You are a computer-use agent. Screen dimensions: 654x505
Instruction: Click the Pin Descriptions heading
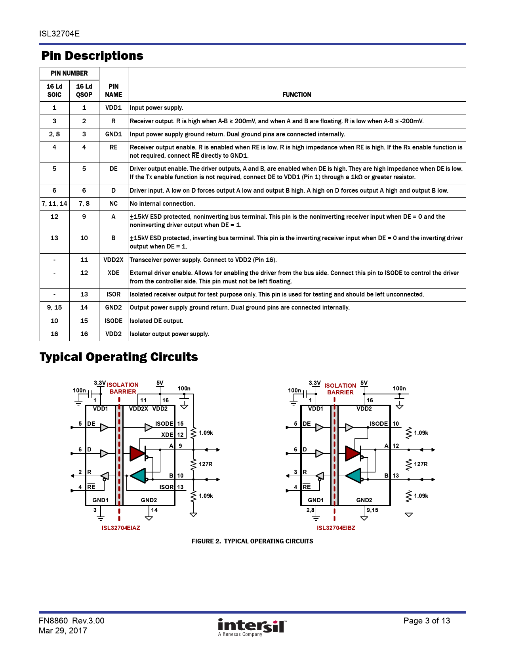click(92, 56)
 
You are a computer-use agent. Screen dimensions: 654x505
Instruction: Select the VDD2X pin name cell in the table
click(113, 260)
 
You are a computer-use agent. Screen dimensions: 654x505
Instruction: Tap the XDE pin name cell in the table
click(113, 273)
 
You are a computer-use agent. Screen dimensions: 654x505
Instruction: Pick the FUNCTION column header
click(297, 95)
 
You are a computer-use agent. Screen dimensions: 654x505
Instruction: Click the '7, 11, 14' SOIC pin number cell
click(54, 204)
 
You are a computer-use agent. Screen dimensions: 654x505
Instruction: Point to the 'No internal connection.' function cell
click(162, 204)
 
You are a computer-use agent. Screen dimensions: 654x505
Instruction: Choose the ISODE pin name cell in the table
click(113, 321)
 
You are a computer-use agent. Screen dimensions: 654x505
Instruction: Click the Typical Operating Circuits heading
click(118, 357)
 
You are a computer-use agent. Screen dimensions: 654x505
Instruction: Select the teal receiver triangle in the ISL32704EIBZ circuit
click(353, 475)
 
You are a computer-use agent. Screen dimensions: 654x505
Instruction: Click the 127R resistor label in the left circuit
click(206, 464)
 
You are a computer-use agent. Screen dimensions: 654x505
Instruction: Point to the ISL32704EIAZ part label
click(121, 528)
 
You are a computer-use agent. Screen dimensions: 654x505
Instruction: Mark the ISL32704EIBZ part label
click(336, 528)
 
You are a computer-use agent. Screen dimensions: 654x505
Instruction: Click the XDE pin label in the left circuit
click(167, 435)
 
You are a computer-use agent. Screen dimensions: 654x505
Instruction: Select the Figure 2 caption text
click(252, 541)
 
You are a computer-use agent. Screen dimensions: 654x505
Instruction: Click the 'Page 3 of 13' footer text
click(427, 621)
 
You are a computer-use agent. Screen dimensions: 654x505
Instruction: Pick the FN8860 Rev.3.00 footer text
click(72, 621)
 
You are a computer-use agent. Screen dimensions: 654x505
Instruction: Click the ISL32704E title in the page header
click(59, 34)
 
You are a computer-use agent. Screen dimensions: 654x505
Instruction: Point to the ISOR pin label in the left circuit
click(166, 487)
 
